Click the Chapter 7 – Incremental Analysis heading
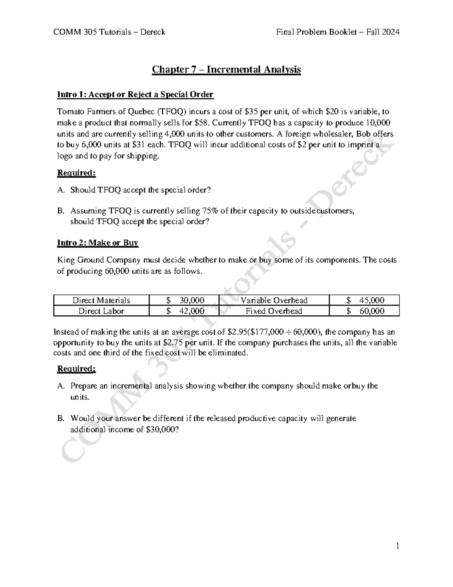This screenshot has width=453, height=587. pos(226,70)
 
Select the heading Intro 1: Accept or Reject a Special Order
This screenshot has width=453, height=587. pos(135,94)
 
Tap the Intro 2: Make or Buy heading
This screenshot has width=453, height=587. pos(97,243)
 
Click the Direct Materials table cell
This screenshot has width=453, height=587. pos(101,300)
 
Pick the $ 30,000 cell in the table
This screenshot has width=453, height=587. pos(185,300)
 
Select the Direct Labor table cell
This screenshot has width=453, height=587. pos(101,311)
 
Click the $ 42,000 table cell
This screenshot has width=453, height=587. pos(185,311)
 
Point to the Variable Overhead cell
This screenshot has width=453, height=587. pos(274,300)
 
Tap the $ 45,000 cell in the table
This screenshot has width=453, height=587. pos(365,300)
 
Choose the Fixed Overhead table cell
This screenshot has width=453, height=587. pos(274,311)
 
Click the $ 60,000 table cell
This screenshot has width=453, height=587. pos(365,311)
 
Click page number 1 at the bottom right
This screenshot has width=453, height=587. pos(398,546)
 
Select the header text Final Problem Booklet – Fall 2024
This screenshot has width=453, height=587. pos(337,32)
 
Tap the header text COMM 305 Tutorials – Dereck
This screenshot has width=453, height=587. pos(109,32)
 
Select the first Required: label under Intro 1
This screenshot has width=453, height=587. pos(76,173)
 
